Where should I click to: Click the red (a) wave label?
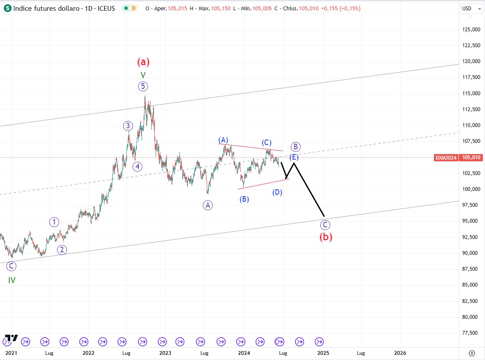(143, 62)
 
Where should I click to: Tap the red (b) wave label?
(325, 237)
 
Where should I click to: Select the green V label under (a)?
(143, 75)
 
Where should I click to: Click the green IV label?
(12, 280)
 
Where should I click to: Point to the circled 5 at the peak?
(143, 87)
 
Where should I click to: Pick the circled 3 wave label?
(128, 126)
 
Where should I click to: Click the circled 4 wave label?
(137, 166)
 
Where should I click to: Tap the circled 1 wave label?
(54, 222)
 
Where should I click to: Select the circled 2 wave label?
(62, 250)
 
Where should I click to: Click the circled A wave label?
(208, 206)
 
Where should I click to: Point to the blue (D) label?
(277, 192)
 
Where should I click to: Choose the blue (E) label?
(293, 157)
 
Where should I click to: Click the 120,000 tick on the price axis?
(470, 61)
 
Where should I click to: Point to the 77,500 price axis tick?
(471, 333)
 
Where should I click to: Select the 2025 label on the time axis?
(323, 353)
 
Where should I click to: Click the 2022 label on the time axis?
(88, 353)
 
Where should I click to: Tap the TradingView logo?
(11, 338)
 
